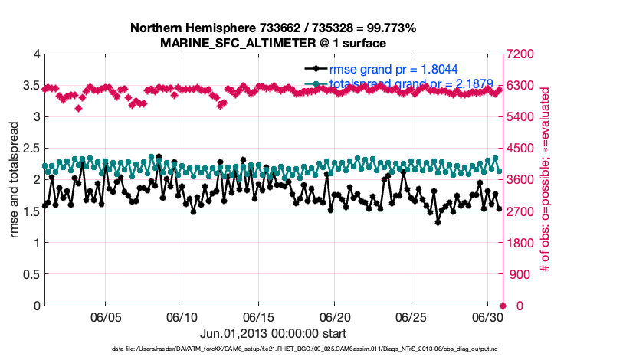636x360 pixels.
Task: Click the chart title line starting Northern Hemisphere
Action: point(273,28)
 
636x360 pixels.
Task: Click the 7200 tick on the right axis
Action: point(521,54)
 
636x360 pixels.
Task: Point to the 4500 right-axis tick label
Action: point(521,149)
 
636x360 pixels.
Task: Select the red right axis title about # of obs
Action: point(546,180)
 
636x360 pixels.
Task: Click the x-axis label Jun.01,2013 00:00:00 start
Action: point(273,333)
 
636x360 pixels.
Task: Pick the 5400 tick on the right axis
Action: point(521,117)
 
